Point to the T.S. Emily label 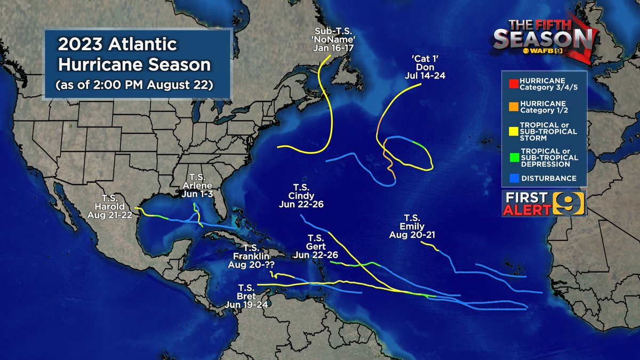coord(411,226)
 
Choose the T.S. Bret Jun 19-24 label coord(251,295)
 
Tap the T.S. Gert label coord(316,246)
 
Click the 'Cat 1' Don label coord(425,68)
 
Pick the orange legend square coord(512,106)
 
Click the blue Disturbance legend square coord(512,178)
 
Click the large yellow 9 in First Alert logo coord(571,204)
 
